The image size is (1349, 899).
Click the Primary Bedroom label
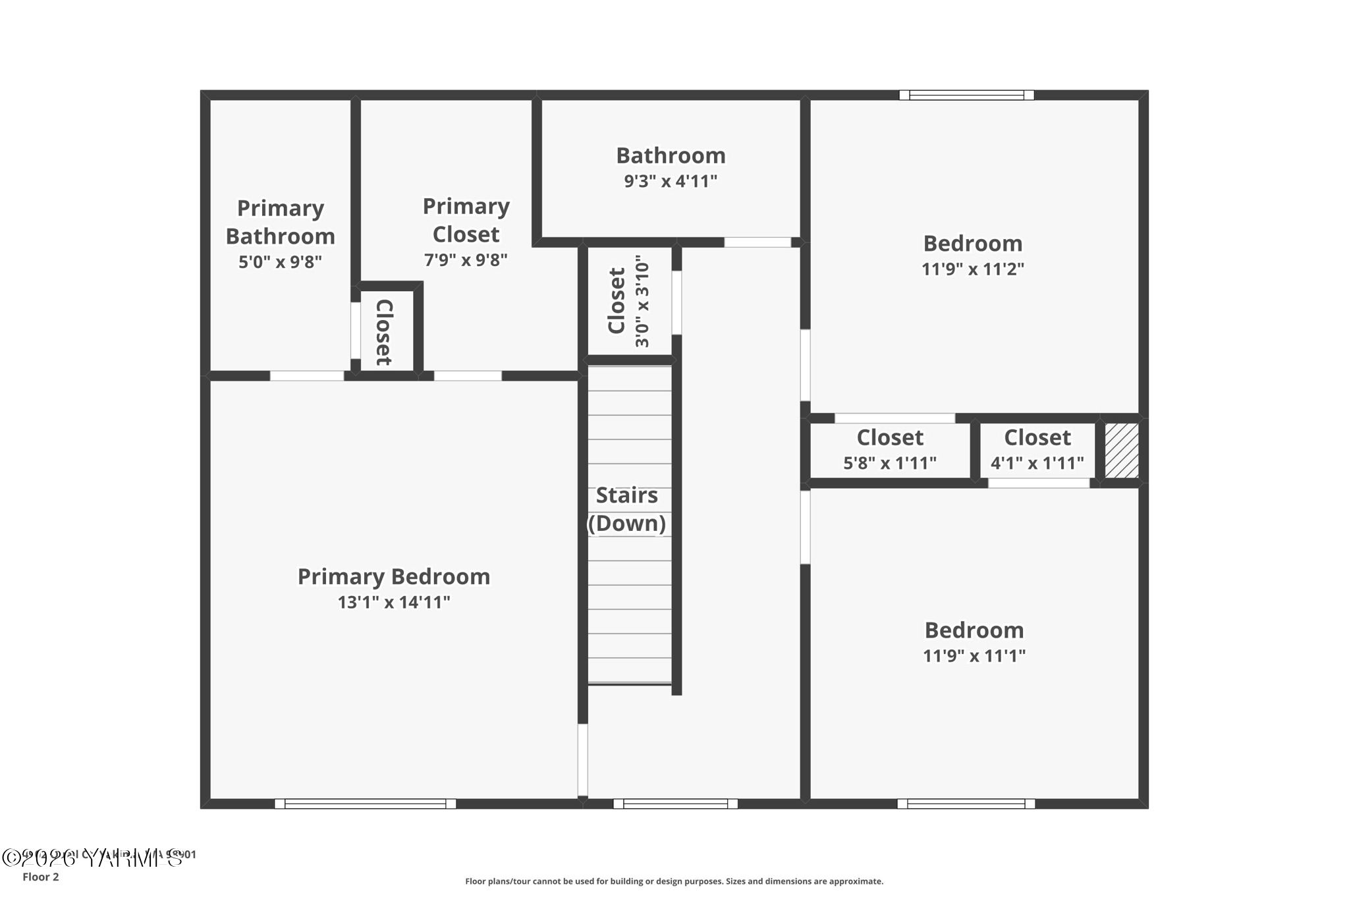[393, 576]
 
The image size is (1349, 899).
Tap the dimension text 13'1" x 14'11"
[393, 602]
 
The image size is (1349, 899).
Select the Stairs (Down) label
[626, 509]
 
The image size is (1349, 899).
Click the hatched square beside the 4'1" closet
[1121, 450]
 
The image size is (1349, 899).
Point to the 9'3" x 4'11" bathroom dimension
[671, 181]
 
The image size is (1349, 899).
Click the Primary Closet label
[466, 220]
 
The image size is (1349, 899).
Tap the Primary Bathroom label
[280, 222]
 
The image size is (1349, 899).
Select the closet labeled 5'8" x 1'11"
[889, 450]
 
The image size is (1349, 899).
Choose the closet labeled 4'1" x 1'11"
[1037, 450]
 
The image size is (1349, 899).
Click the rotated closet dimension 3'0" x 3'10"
[642, 302]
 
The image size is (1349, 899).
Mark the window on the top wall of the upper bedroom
[966, 95]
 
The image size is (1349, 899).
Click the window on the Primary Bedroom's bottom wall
[365, 804]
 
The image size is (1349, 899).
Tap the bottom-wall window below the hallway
[675, 804]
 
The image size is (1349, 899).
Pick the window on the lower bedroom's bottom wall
[966, 804]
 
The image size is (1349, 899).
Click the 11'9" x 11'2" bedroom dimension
[972, 269]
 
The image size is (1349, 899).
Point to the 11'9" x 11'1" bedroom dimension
[974, 655]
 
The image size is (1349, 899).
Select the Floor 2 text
[41, 877]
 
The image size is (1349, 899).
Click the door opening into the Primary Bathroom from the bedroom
[307, 375]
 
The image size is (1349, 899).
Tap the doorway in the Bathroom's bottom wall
[757, 242]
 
